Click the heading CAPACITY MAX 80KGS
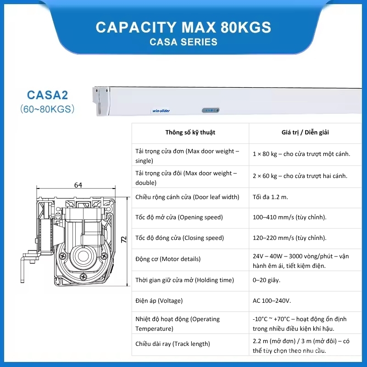183,27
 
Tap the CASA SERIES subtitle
183,42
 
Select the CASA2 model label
48,95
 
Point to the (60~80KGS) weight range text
48,109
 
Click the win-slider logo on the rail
161,111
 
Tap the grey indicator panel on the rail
211,110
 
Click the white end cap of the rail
101,101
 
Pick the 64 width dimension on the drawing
78,185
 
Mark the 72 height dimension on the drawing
123,239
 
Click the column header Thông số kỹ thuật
190,133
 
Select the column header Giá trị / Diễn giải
305,133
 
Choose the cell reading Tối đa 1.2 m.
270,197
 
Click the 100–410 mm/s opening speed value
289,217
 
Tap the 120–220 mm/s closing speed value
289,238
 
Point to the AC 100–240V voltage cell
272,300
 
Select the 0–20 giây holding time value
267,280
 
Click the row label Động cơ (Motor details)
168,259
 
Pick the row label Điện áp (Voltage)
159,300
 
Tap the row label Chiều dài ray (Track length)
173,344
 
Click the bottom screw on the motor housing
83,277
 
